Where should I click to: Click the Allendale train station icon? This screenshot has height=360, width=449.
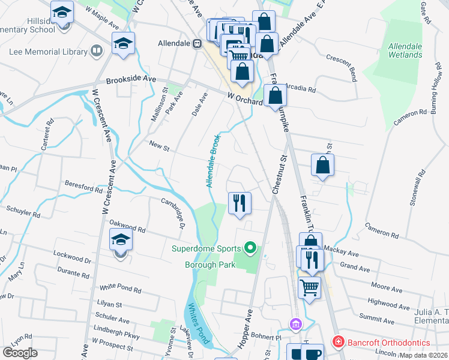(x=196, y=44)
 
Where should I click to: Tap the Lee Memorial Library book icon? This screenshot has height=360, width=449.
(x=95, y=52)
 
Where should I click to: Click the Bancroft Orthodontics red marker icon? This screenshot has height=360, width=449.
(x=337, y=342)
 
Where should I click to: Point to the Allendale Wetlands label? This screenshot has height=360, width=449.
(x=405, y=50)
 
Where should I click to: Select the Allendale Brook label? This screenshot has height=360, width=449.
(x=213, y=161)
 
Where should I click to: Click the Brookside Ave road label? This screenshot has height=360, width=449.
(x=131, y=80)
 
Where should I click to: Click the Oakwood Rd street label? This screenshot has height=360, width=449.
(x=127, y=226)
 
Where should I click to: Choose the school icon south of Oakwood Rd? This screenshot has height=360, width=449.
(x=121, y=239)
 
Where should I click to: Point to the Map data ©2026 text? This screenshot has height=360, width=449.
(x=424, y=355)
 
